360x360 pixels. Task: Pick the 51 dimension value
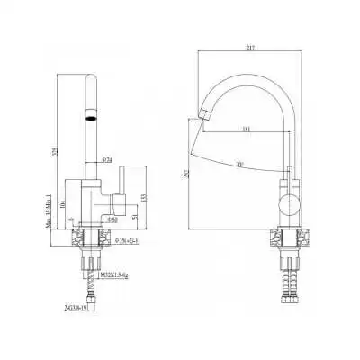click(x=135, y=217)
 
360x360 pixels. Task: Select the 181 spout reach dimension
click(x=247, y=130)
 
